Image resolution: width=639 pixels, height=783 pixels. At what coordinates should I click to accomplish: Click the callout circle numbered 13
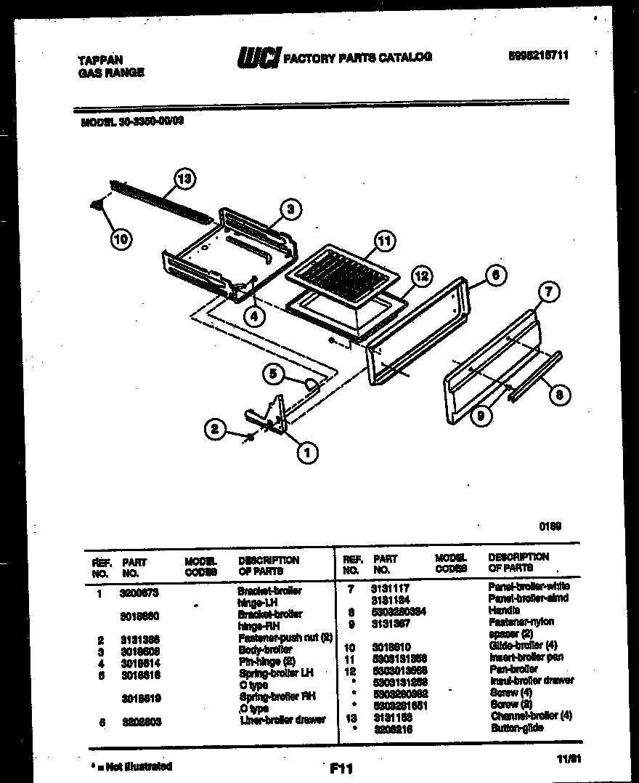coord(186,179)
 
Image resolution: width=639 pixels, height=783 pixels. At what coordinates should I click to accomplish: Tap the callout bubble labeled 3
coord(290,210)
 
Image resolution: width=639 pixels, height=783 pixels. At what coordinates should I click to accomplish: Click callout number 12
coord(422,276)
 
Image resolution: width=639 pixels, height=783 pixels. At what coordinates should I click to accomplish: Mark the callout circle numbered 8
coord(559,395)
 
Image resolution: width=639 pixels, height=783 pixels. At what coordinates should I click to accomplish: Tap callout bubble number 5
coord(274,374)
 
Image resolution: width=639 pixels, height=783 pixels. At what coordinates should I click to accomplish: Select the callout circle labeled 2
coord(214,430)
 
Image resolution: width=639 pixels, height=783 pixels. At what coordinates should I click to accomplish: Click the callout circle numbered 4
coord(253,316)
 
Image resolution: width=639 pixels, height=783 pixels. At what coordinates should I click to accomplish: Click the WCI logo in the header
coord(259,57)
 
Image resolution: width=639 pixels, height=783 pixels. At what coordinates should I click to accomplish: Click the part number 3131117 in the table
coord(391,587)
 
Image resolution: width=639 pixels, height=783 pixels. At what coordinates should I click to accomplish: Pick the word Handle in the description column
coord(504,611)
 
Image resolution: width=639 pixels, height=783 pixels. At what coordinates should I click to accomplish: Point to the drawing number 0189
coord(550,526)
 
